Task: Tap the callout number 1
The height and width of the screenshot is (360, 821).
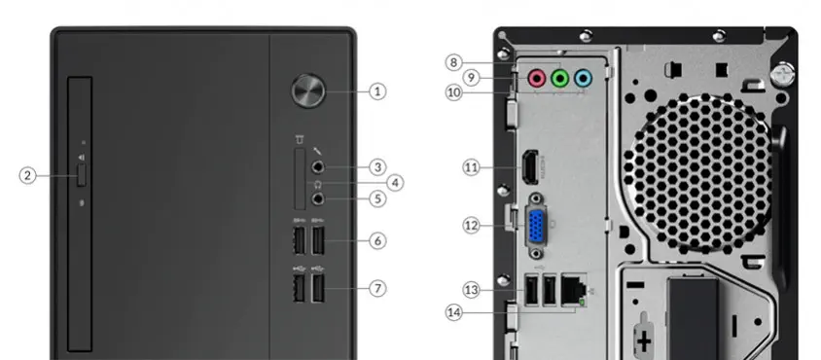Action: coord(377,91)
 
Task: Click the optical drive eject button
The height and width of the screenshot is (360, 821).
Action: coord(81,175)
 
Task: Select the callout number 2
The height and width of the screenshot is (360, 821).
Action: coord(27,175)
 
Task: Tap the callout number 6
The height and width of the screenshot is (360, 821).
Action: coord(377,239)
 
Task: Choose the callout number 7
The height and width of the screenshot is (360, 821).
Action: coord(377,288)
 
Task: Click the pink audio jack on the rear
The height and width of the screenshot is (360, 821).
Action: coord(536,78)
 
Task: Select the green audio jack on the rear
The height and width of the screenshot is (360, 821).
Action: coord(559,78)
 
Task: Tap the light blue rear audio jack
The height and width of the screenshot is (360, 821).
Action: coord(582,78)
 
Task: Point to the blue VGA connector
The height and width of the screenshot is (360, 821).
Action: coord(536,226)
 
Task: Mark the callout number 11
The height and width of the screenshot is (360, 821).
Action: coord(472,167)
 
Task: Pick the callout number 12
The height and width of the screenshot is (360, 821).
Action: coord(472,226)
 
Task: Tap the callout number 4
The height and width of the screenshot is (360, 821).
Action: coord(394,182)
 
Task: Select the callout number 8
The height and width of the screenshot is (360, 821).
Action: coord(453,62)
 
